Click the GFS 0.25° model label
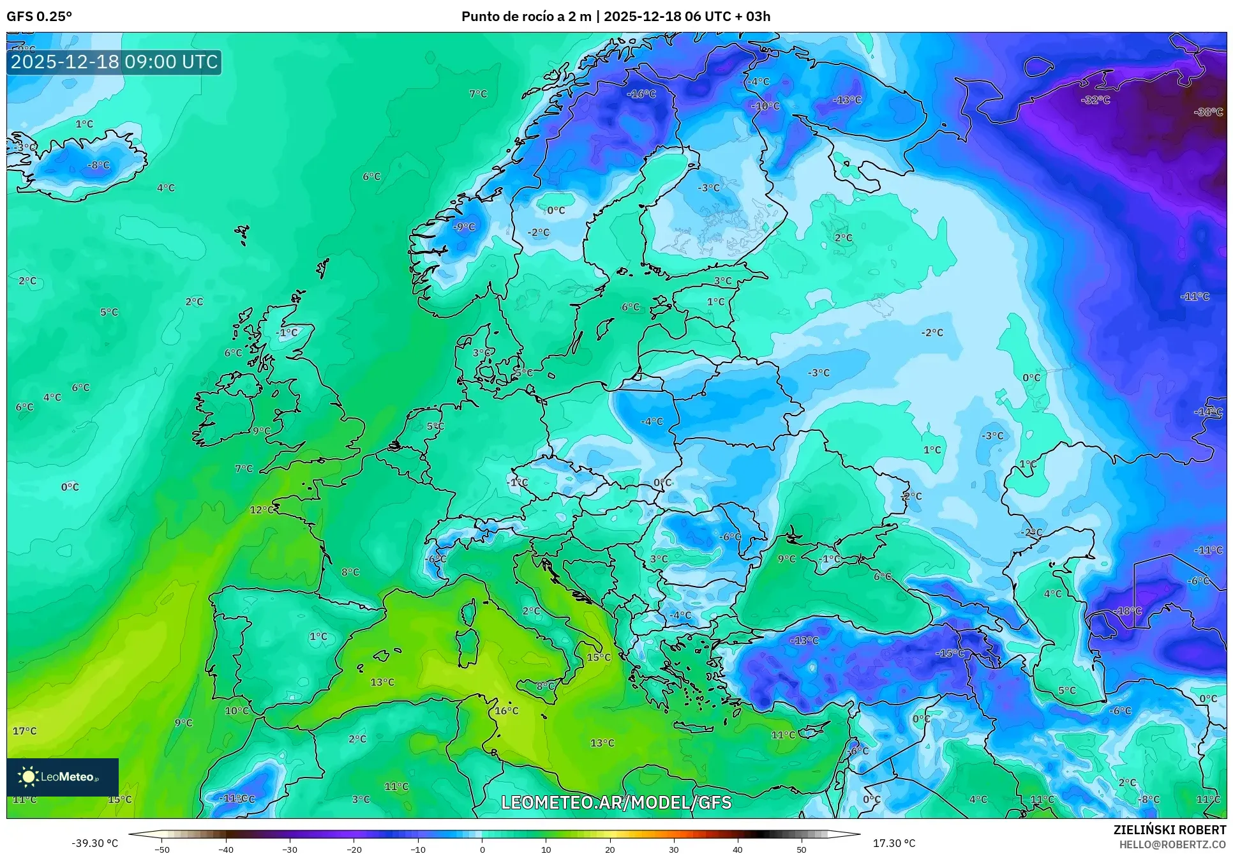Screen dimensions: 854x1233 [x=39, y=17]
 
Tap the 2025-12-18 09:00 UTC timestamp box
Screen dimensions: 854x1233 [x=114, y=62]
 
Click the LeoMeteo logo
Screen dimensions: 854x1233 [x=63, y=777]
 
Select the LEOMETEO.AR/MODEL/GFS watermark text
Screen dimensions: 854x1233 [x=616, y=802]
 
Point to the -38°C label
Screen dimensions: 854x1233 [x=1208, y=112]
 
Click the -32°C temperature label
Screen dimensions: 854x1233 [x=1095, y=100]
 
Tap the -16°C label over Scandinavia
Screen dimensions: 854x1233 [x=641, y=94]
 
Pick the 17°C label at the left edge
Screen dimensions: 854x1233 [x=25, y=731]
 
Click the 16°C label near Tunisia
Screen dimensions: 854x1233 [x=507, y=710]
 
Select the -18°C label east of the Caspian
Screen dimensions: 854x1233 [x=1128, y=611]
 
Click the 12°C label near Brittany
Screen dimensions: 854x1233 [x=262, y=510]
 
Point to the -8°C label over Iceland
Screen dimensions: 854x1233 [x=98, y=165]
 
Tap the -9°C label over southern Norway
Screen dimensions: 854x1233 [x=464, y=227]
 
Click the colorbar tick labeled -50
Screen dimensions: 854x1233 [x=162, y=850]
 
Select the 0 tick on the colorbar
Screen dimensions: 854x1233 [x=482, y=850]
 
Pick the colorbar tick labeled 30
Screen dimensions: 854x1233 [x=674, y=850]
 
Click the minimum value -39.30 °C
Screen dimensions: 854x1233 [x=94, y=843]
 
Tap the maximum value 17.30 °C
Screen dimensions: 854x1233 [x=893, y=843]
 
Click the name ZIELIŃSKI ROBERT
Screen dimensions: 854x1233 [x=1169, y=830]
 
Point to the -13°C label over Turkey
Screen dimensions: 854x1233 [x=804, y=640]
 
